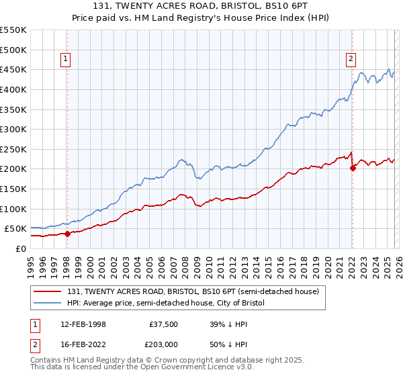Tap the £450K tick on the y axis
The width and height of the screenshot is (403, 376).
click(13, 69)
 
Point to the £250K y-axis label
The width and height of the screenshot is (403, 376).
click(13, 149)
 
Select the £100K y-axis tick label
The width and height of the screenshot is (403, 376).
click(13, 209)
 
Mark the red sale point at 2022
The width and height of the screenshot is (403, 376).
click(353, 168)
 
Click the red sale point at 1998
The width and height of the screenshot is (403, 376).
click(67, 234)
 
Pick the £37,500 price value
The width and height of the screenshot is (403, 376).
click(164, 324)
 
